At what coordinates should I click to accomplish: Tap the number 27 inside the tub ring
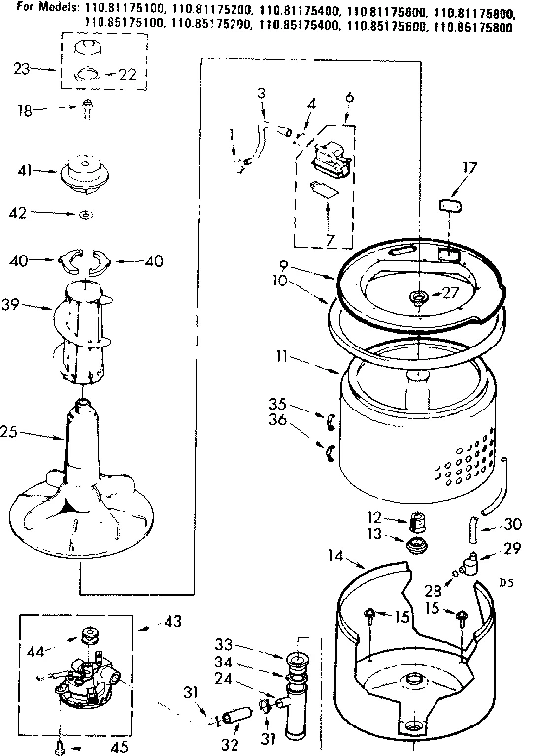tap(450, 291)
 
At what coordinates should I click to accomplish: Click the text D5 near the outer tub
tap(506, 583)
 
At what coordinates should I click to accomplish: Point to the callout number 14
tap(336, 556)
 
